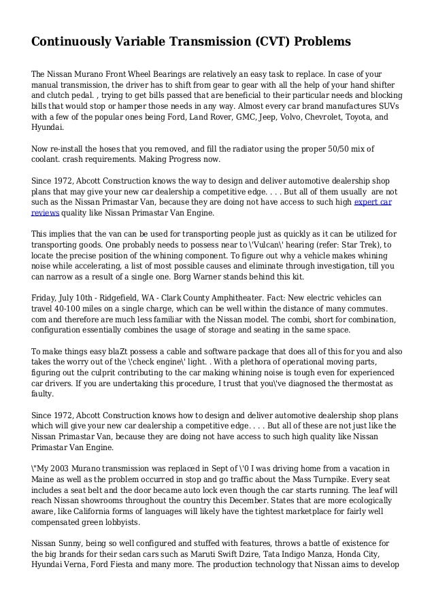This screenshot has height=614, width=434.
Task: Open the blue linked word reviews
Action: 46,212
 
